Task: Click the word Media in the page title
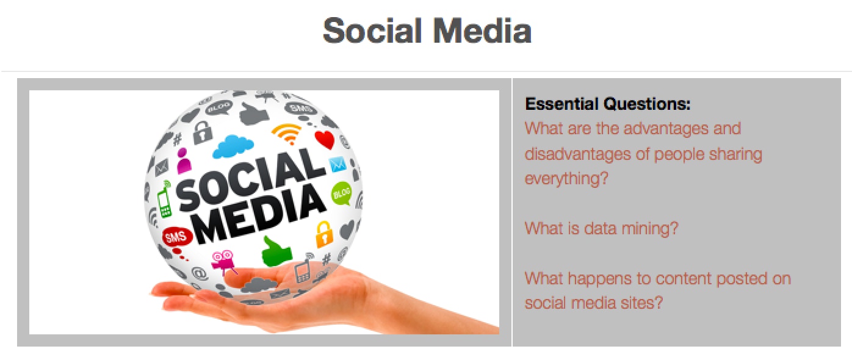[482, 31]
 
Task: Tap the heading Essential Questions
[607, 104]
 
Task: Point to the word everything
[566, 179]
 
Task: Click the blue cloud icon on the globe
[233, 146]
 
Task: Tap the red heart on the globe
[325, 140]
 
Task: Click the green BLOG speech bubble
[342, 193]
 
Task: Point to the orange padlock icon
[323, 234]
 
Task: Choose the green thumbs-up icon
[276, 251]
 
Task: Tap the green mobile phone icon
[165, 200]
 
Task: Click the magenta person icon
[184, 161]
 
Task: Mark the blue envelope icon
[337, 164]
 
